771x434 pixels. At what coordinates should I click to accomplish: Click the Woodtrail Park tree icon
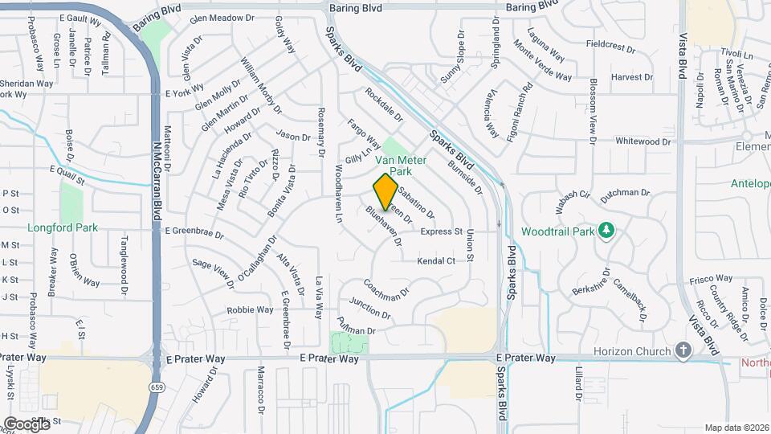coord(607,231)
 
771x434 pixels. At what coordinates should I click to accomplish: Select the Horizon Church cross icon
coord(683,351)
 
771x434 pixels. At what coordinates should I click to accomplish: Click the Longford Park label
coord(63,227)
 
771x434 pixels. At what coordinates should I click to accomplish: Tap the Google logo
coord(26,424)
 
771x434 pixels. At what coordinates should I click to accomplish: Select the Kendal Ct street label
coord(436,261)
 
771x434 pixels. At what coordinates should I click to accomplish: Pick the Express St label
coord(442,231)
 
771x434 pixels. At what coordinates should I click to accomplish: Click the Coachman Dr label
coord(386,290)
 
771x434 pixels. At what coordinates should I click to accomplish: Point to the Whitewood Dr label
coord(642,141)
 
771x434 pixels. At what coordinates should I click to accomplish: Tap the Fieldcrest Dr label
coord(610,48)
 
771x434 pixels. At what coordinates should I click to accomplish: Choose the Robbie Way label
coord(250,309)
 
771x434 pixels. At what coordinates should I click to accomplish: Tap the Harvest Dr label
coord(631,77)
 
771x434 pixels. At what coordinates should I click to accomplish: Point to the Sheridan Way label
coord(26,83)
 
